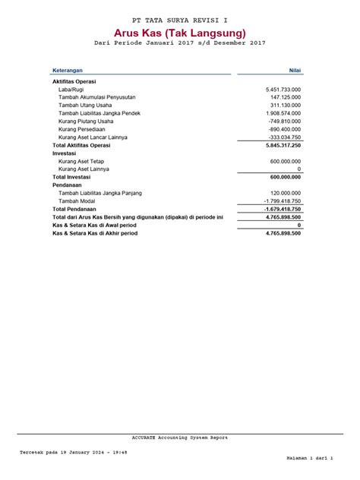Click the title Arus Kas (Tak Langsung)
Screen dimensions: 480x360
click(x=180, y=33)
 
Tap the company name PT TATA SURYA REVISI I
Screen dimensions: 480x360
click(x=180, y=17)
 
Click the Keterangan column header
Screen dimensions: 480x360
click(x=68, y=69)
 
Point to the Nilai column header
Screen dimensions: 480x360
click(x=295, y=69)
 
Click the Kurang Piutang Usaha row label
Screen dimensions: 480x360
click(x=86, y=121)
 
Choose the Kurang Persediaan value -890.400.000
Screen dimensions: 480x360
click(x=279, y=129)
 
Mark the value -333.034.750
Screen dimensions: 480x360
click(x=279, y=137)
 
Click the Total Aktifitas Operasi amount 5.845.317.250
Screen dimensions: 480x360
click(x=274, y=145)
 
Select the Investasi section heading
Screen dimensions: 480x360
click(x=64, y=153)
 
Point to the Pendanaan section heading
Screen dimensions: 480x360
click(x=67, y=185)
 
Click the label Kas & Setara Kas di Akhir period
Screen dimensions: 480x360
click(x=95, y=233)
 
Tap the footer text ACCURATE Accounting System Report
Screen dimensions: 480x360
click(x=179, y=437)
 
